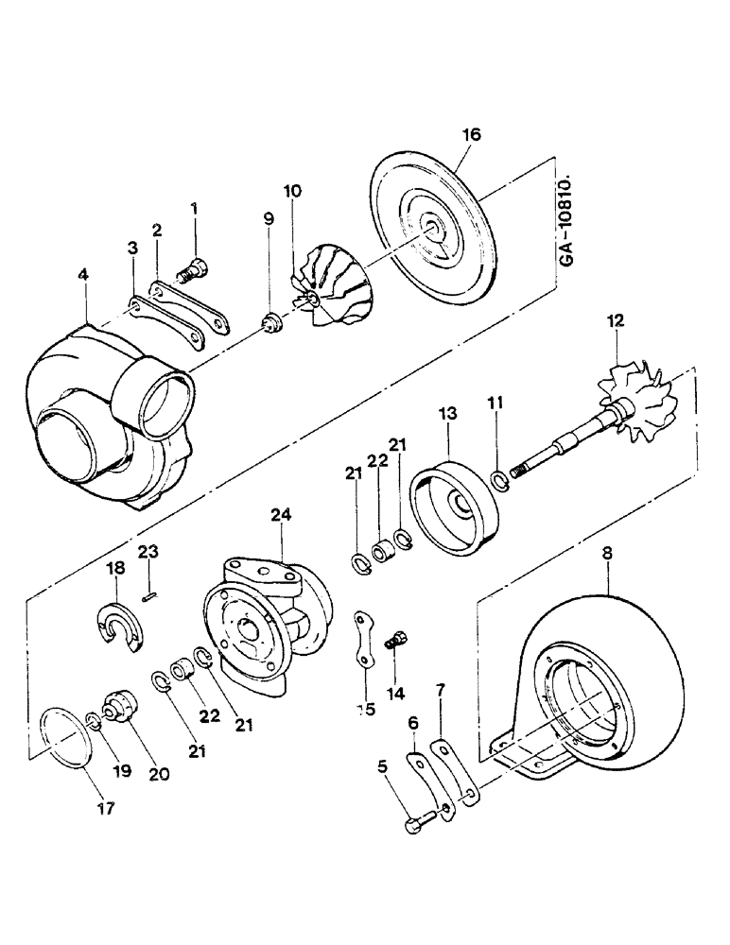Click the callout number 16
coord(471,135)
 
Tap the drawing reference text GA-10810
coord(565,218)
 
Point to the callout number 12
coord(617,321)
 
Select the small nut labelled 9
coord(271,325)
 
